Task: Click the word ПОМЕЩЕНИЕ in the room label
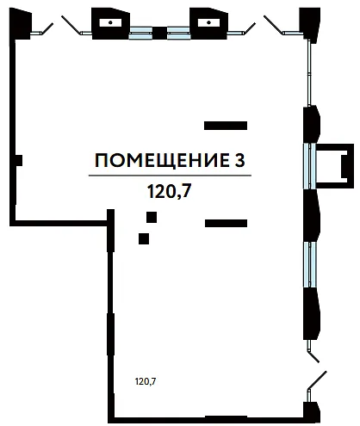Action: click(160, 160)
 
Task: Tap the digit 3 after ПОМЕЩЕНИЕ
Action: click(239, 160)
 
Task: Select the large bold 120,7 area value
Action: click(169, 191)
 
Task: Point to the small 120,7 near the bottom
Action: click(146, 381)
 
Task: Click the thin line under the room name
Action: click(170, 175)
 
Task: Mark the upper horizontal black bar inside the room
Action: click(226, 126)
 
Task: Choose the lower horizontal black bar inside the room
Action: click(226, 223)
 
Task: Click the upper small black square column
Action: click(152, 218)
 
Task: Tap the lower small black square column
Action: click(144, 238)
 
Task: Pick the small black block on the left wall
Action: click(19, 160)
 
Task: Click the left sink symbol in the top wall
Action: click(110, 22)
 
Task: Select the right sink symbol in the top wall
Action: click(208, 22)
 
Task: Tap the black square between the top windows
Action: click(159, 33)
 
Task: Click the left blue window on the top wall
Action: click(140, 33)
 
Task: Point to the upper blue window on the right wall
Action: click(309, 166)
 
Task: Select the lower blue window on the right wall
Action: click(309, 264)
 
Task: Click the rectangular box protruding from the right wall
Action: click(335, 166)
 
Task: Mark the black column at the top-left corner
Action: click(20, 23)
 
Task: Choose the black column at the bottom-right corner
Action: click(312, 411)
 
